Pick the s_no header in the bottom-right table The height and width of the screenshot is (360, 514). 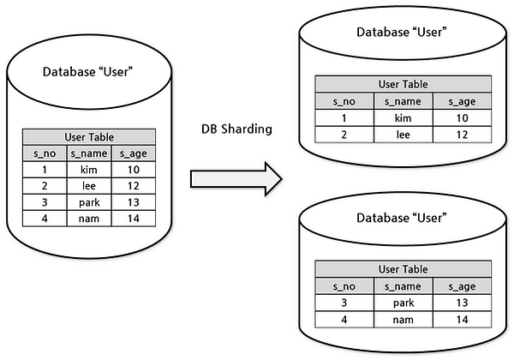pyautogui.click(x=343, y=286)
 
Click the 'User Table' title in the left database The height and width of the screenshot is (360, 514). pyautogui.click(x=89, y=137)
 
